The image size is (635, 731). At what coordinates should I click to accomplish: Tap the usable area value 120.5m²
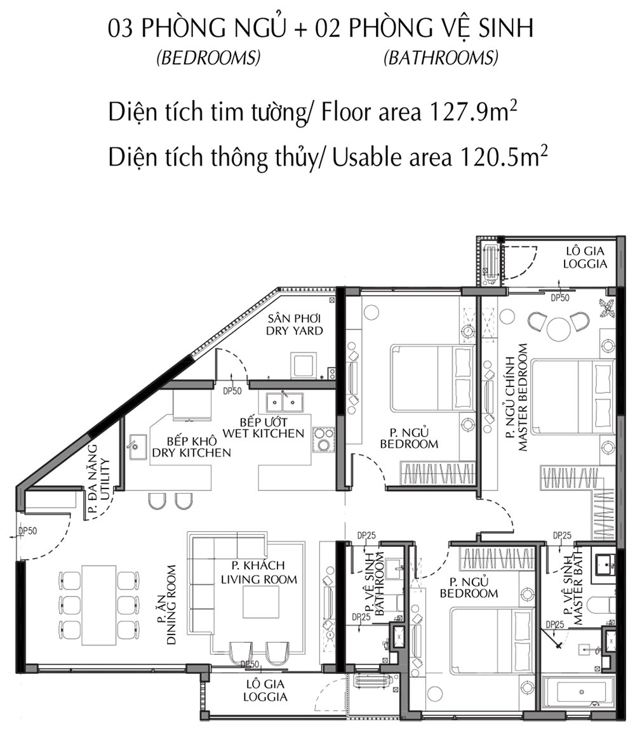click(504, 157)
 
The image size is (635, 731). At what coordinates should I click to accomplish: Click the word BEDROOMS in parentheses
click(208, 58)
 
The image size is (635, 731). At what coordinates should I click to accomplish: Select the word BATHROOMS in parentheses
click(441, 58)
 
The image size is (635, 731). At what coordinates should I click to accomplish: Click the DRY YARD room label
click(295, 331)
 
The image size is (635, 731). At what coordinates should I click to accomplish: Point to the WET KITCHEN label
click(263, 433)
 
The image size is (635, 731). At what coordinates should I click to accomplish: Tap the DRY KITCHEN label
click(191, 452)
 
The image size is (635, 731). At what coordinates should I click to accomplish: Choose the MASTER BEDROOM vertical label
click(523, 398)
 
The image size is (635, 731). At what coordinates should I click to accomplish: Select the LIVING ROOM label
click(259, 579)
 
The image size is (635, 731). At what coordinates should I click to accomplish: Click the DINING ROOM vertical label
click(171, 605)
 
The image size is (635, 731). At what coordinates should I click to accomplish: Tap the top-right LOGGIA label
click(585, 264)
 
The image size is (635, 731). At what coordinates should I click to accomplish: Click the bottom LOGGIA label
click(265, 697)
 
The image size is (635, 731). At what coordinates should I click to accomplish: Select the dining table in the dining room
click(98, 605)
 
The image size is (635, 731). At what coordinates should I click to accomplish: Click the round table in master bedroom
click(559, 329)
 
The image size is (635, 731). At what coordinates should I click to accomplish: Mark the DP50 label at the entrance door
click(28, 530)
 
